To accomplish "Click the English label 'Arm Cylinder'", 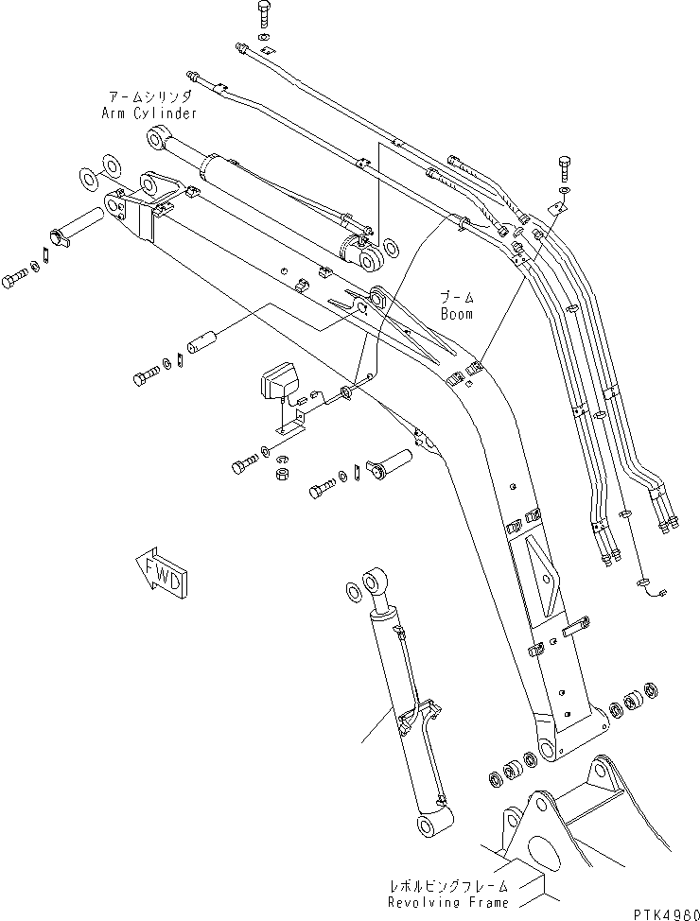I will tap(149, 113).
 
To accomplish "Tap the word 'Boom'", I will tap(456, 313).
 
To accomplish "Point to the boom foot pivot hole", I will tap(546, 752).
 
